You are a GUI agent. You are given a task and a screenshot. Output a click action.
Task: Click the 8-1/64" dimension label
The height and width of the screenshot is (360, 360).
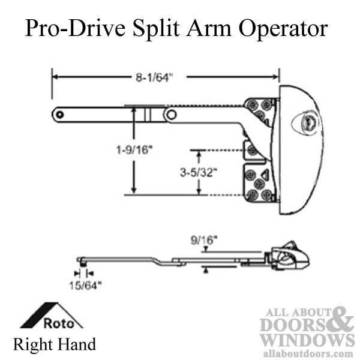tap(154, 77)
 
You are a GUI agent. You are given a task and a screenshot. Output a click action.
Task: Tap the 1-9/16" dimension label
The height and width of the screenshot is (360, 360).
tap(134, 150)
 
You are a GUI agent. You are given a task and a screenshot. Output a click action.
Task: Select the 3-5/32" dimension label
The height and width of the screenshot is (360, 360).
tap(199, 172)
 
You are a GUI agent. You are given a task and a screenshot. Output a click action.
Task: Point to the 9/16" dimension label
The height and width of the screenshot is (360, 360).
tap(204, 241)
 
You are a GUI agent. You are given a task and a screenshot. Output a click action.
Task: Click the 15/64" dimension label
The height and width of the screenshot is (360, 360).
tap(85, 286)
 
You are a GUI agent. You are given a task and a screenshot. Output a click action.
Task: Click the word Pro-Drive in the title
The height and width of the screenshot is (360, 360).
tap(76, 28)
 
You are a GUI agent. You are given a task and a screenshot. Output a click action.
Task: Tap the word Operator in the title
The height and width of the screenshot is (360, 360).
tap(283, 29)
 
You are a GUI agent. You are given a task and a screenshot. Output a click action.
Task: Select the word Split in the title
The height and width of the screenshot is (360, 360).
tap(156, 29)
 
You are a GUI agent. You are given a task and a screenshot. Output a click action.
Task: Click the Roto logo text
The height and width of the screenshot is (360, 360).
tap(59, 323)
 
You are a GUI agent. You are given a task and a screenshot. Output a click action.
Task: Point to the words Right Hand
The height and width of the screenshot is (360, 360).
tap(55, 344)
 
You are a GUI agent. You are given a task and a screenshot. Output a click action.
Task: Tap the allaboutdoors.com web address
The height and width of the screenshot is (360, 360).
tap(308, 353)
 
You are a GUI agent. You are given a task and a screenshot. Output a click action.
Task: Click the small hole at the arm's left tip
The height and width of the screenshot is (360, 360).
tap(60, 115)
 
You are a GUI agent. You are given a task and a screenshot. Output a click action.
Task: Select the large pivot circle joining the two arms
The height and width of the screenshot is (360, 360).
tap(171, 115)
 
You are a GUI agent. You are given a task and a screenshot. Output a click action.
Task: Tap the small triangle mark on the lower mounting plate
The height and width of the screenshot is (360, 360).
tap(265, 175)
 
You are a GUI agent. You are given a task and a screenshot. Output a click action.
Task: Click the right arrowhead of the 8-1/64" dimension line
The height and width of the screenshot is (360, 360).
tap(276, 77)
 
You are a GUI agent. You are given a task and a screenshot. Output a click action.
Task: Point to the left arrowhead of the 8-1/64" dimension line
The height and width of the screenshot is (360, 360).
tap(56, 77)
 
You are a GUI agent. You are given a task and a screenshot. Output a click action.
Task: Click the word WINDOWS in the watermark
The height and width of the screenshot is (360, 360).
tap(307, 341)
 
